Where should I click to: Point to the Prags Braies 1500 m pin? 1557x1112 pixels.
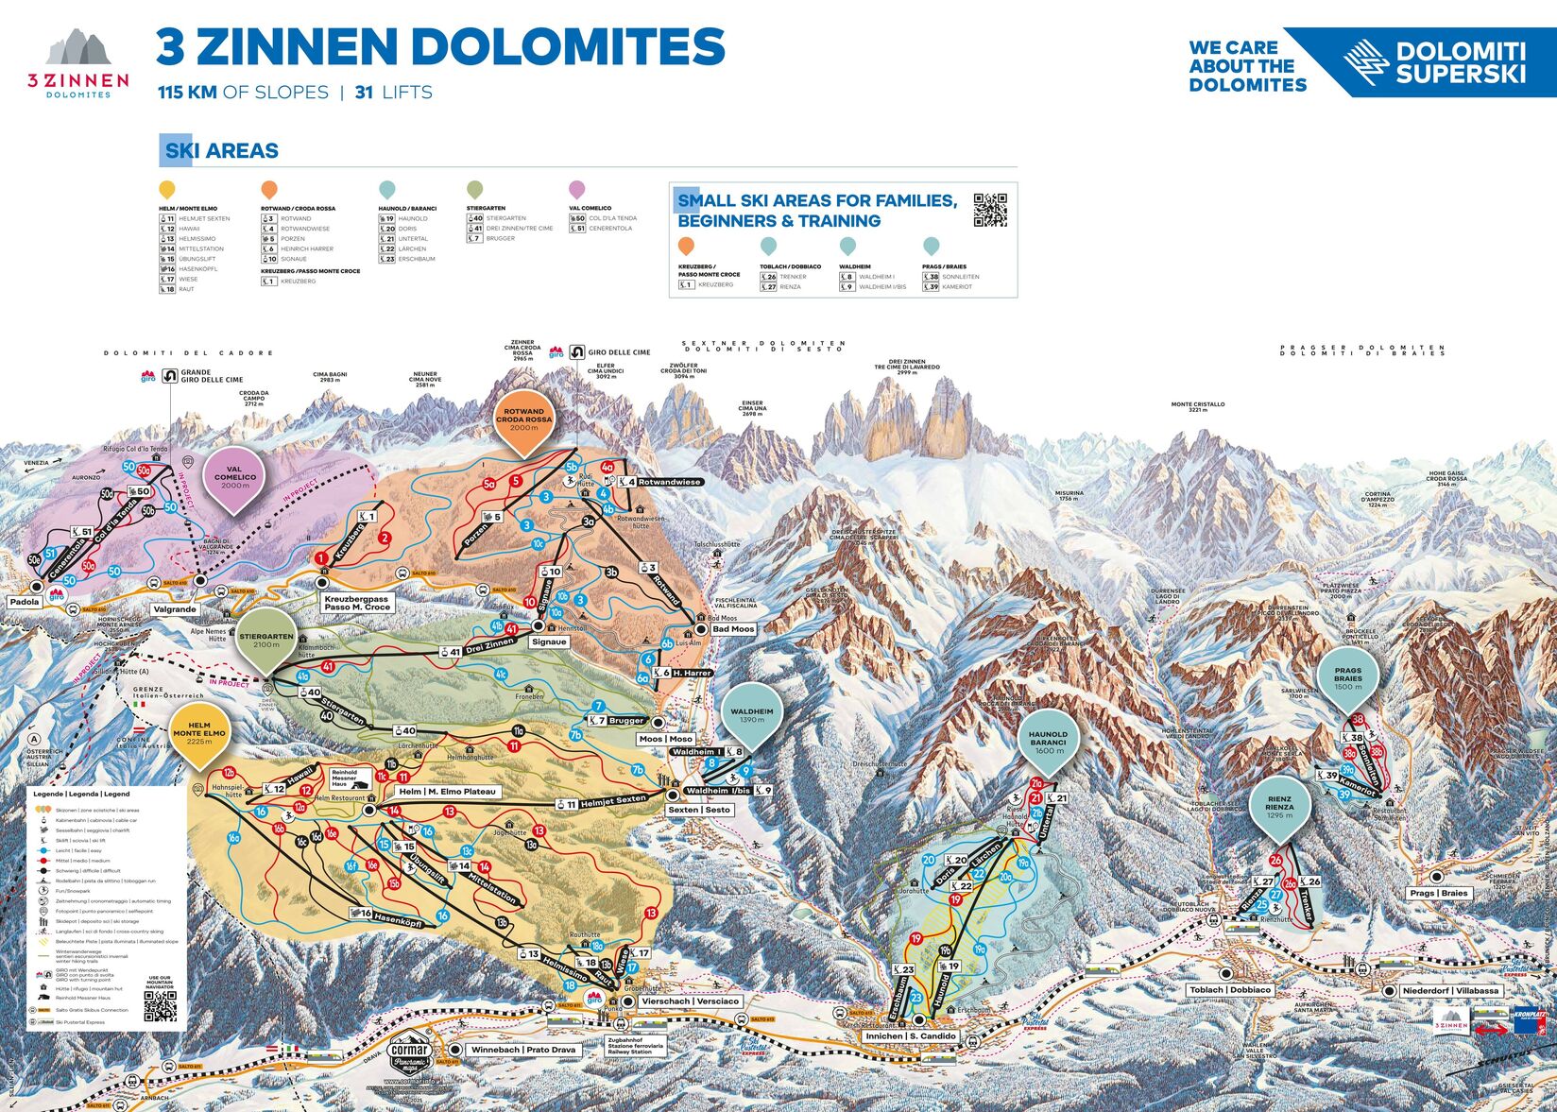click(x=1348, y=676)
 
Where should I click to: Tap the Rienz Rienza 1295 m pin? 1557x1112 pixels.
click(x=1279, y=806)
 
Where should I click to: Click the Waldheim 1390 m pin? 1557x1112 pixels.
click(x=752, y=714)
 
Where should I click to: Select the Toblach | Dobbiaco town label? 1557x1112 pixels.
click(x=1230, y=989)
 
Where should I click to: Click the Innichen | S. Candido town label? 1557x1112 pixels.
click(x=911, y=1036)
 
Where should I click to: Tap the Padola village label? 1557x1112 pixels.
click(x=25, y=601)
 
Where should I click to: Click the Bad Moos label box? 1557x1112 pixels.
click(x=733, y=628)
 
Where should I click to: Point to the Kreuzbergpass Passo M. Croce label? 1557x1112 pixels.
click(x=356, y=603)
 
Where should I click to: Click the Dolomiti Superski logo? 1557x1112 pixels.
click(x=1436, y=61)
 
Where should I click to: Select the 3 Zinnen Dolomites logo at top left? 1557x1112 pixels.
click(x=78, y=63)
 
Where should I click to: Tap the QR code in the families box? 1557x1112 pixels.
click(x=990, y=209)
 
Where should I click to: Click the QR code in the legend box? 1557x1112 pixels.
click(x=160, y=1006)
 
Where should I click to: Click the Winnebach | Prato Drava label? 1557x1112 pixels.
click(x=523, y=1050)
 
